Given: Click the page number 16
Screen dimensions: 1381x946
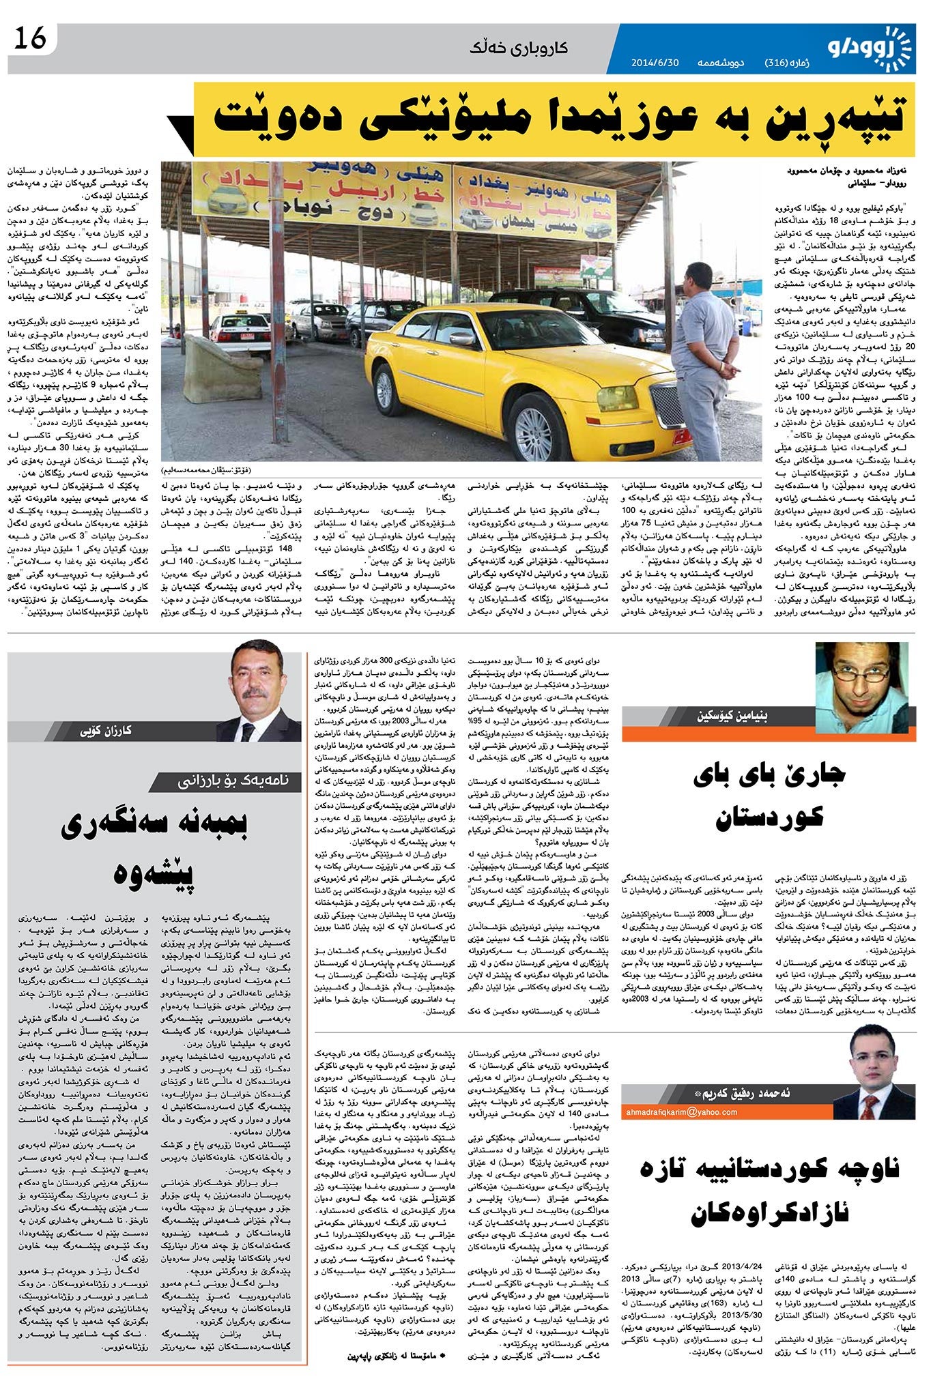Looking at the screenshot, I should (30, 40).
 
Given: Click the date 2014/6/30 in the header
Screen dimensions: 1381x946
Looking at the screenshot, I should (655, 63).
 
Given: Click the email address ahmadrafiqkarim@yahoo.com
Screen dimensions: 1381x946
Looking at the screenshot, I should (681, 1111).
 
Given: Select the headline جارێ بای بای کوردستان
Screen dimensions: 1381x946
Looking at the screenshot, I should (769, 796).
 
